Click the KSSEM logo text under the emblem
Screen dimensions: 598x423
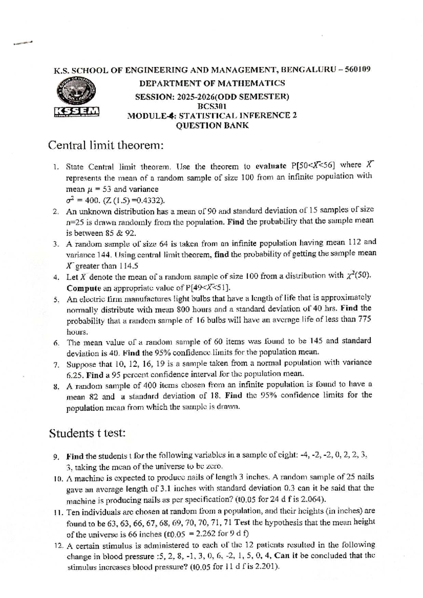(76, 112)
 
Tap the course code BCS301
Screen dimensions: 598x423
(212, 106)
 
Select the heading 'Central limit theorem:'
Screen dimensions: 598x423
(106, 145)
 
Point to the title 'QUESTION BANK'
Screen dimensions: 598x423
(212, 125)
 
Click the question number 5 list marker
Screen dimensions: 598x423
(56, 300)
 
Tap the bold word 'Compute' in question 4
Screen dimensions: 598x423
(84, 288)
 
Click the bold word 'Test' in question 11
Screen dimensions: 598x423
(242, 522)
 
